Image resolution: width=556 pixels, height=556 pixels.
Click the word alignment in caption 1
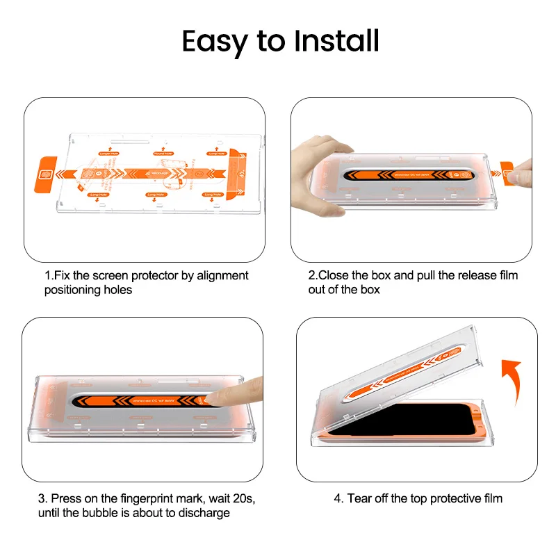coord(222,276)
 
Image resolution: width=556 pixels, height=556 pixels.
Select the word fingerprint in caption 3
coord(127,498)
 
